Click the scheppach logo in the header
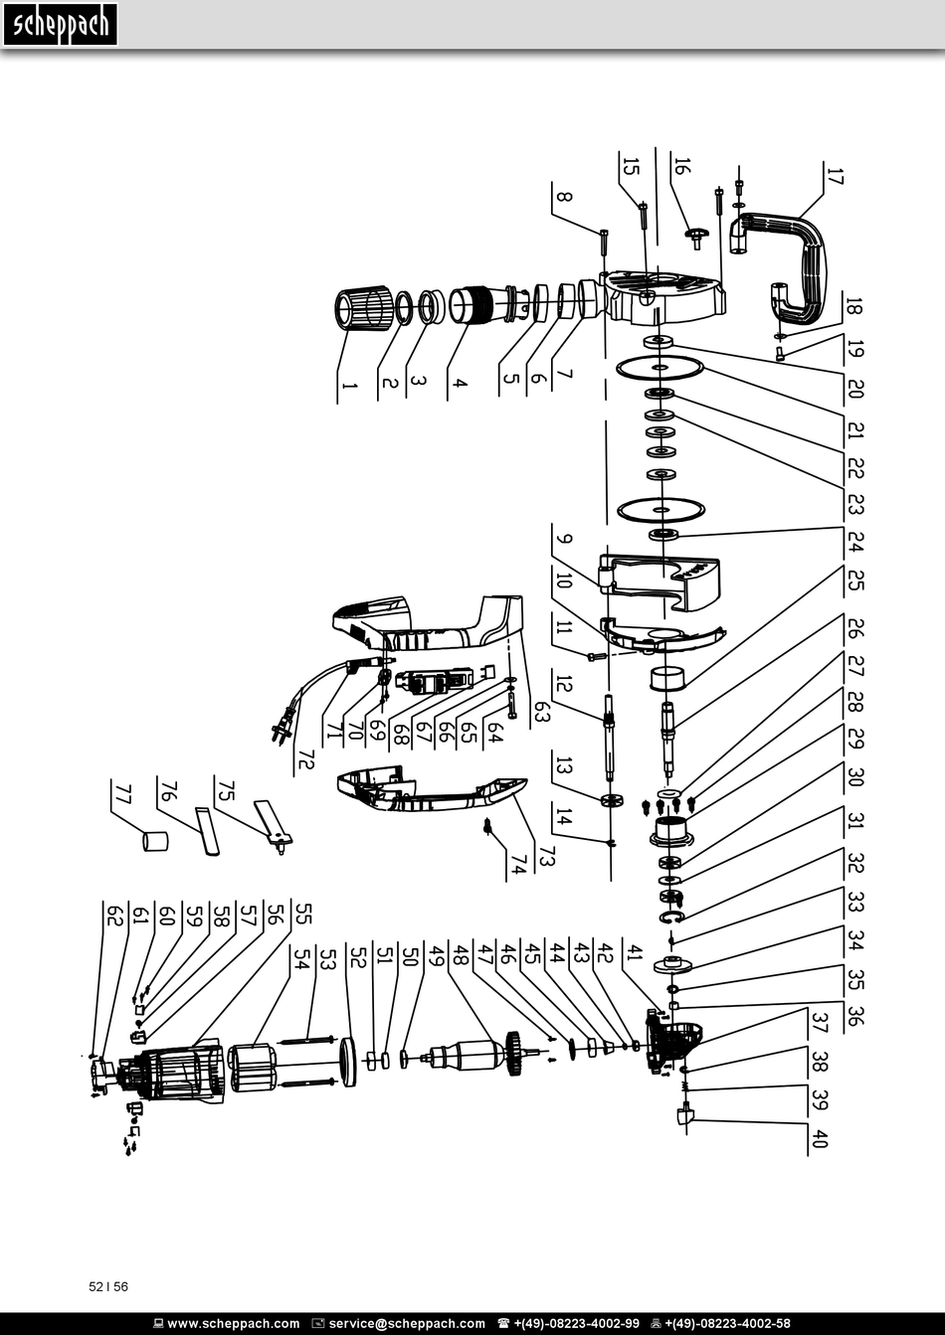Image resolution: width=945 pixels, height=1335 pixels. pos(60,25)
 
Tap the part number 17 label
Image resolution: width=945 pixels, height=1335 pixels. pos(835,176)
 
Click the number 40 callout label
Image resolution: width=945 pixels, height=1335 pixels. pos(820,1139)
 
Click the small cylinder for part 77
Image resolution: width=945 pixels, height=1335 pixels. pos(155,841)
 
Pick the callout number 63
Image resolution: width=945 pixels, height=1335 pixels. pos(541,712)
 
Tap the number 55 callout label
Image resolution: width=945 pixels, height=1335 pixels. pos(303,914)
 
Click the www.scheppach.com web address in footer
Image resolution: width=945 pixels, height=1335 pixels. pos(233,1324)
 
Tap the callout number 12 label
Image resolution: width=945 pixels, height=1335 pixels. pos(563,683)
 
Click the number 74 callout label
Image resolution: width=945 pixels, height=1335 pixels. pos(518,864)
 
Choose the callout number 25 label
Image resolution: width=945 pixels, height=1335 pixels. pos(854,580)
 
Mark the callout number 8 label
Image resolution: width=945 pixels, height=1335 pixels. pos(563,197)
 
